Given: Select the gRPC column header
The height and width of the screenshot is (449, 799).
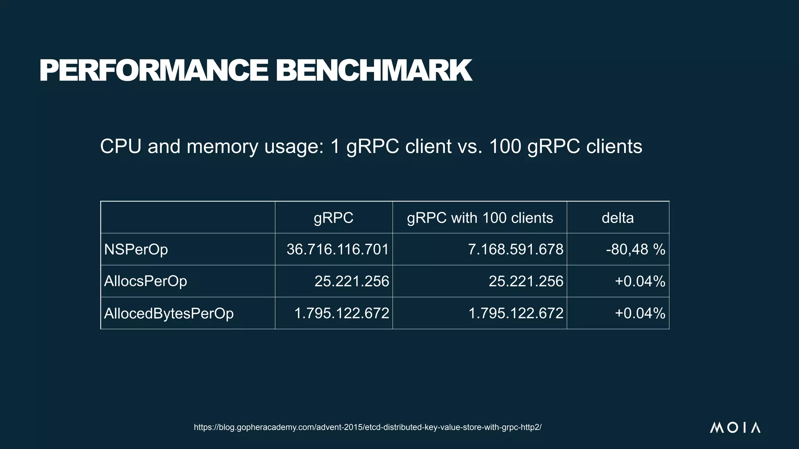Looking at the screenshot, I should pos(334,217).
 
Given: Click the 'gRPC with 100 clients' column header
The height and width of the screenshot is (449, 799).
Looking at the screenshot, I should pos(480,217).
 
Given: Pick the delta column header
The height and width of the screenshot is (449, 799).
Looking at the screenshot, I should pos(618,217).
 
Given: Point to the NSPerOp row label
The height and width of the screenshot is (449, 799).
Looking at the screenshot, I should pos(136,249).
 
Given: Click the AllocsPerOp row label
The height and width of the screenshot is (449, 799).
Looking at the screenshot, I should pos(146,281).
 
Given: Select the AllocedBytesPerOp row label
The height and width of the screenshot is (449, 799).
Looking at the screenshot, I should pos(169,313).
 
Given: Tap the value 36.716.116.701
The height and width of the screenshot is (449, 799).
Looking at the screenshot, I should pos(337,249).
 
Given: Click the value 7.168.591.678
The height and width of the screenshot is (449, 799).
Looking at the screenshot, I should pos(515,249).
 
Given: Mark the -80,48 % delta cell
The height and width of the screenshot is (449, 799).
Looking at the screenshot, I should pos(636,249).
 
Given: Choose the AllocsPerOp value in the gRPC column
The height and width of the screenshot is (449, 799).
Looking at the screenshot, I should pos(352,281).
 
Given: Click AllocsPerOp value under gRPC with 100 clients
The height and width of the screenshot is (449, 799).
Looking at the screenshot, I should pos(526,281).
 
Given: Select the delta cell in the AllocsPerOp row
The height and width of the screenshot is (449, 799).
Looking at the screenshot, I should pos(640,281).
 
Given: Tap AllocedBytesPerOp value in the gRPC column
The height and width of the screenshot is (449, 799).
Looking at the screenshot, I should pos(341,313).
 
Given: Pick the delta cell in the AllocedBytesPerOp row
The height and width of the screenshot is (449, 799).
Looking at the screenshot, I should pos(640,313).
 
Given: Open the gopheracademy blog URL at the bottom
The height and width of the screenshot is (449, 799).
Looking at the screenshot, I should pos(368,427).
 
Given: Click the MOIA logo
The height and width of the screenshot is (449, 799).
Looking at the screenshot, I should pos(735,428).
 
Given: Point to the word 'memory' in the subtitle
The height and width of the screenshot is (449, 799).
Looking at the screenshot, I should pos(222,147).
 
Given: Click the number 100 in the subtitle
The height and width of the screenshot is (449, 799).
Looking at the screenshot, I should pos(505,147).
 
